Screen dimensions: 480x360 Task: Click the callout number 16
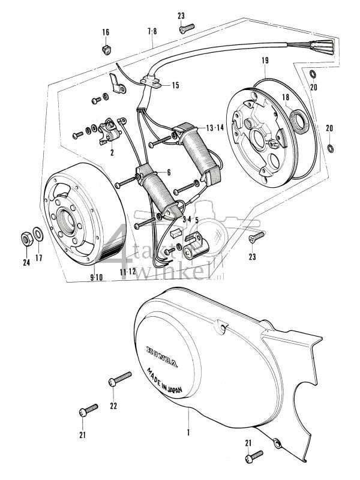coord(106,32)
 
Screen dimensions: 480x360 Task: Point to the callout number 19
coord(265,60)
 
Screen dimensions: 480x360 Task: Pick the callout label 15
coord(175,85)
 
